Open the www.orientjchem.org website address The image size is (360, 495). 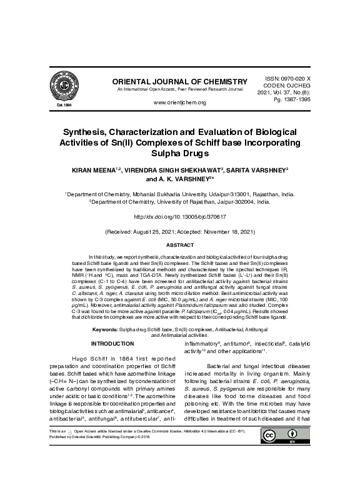pos(179,102)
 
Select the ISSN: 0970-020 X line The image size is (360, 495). pos(284,74)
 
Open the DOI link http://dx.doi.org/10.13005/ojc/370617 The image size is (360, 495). pos(179,216)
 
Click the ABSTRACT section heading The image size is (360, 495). pos(179,245)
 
